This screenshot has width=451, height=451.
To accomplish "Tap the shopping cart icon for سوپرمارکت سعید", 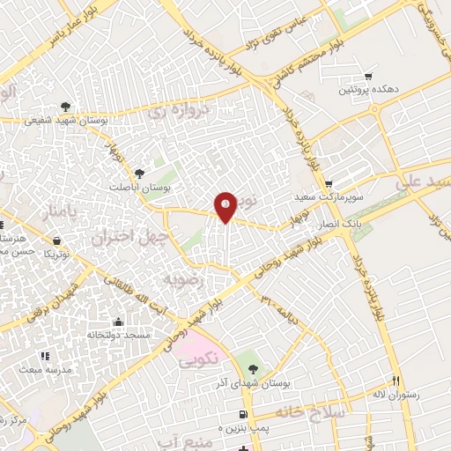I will click(x=329, y=184).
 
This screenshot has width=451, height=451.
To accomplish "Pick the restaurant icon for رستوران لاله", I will click(x=396, y=381).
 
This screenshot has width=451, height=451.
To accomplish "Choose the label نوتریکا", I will click(x=56, y=254).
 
